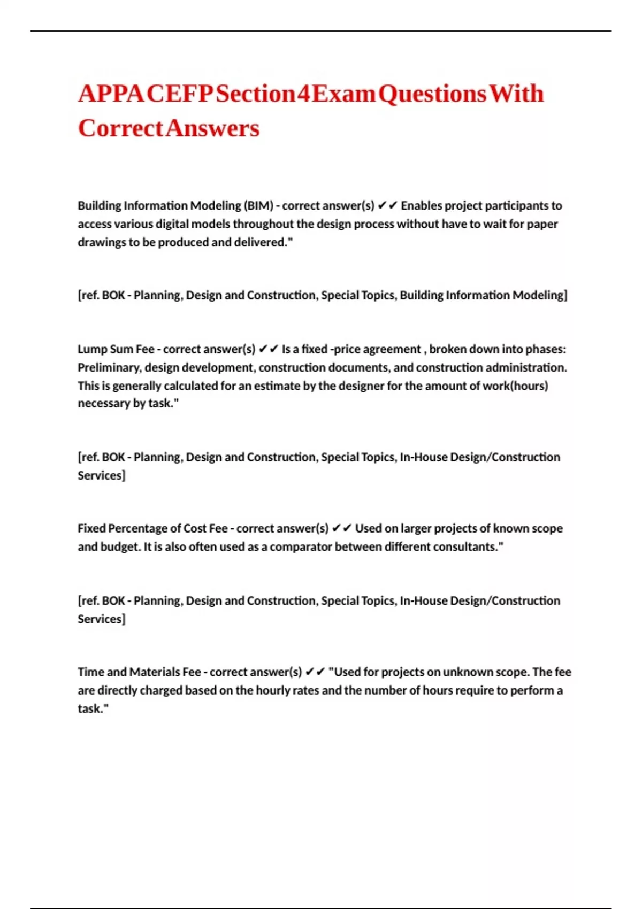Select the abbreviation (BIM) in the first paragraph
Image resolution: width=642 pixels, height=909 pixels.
[259, 206]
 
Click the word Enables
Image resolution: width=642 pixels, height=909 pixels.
[421, 206]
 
